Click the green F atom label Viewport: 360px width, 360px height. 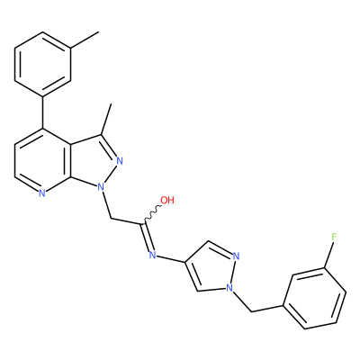[333, 237]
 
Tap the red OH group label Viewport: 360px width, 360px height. [167, 200]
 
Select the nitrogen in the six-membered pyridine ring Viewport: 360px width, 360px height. [42, 193]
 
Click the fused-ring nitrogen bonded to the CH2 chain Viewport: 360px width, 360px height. [101, 188]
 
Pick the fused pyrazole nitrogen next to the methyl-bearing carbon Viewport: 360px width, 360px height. [120, 161]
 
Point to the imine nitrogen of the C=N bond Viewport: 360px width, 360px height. [153, 255]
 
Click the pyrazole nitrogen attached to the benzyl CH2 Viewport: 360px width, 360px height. [229, 288]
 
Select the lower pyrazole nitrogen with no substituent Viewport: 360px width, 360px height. [236, 256]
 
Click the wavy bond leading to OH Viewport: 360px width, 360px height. [152, 214]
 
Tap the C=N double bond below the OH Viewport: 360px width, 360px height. [147, 237]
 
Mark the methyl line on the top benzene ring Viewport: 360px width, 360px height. [85, 40]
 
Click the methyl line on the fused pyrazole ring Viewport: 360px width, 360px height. [106, 120]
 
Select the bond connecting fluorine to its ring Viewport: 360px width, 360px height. [328, 255]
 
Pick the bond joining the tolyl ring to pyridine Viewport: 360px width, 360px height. [43, 112]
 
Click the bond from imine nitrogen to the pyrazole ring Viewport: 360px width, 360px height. [171, 259]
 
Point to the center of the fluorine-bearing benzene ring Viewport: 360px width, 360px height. [315, 298]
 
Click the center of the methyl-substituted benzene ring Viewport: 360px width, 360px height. [43, 65]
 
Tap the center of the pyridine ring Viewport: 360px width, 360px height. [43, 161]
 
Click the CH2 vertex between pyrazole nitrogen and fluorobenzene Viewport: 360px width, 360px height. [251, 312]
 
